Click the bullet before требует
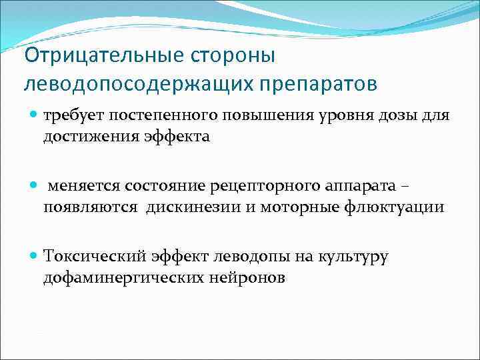[35, 115]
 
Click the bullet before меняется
[35, 185]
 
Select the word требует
[72, 115]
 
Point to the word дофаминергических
[115, 276]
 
